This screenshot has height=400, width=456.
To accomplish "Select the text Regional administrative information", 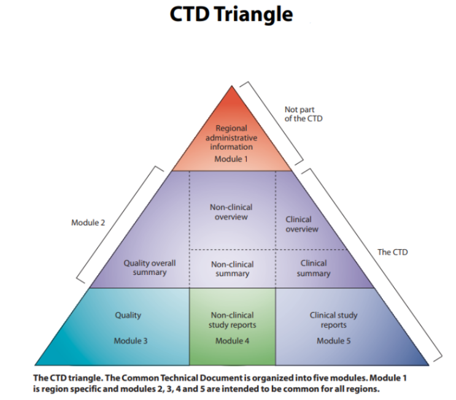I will pyautogui.click(x=231, y=137).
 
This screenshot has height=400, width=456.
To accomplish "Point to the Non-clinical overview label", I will pyautogui.click(x=231, y=212).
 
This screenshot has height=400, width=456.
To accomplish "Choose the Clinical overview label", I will pyautogui.click(x=302, y=224).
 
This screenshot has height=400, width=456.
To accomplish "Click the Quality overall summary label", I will pyautogui.click(x=150, y=267).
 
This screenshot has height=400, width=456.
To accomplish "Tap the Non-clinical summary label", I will pyautogui.click(x=232, y=269).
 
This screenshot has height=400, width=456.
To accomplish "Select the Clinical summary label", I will pyautogui.click(x=313, y=268).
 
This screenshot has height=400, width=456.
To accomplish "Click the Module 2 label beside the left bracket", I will pyautogui.click(x=88, y=222).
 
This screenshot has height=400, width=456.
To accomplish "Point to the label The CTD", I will pyautogui.click(x=392, y=252).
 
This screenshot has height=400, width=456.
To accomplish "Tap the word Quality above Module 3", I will pyautogui.click(x=128, y=315).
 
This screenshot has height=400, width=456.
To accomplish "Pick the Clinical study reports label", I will pyautogui.click(x=333, y=320).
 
